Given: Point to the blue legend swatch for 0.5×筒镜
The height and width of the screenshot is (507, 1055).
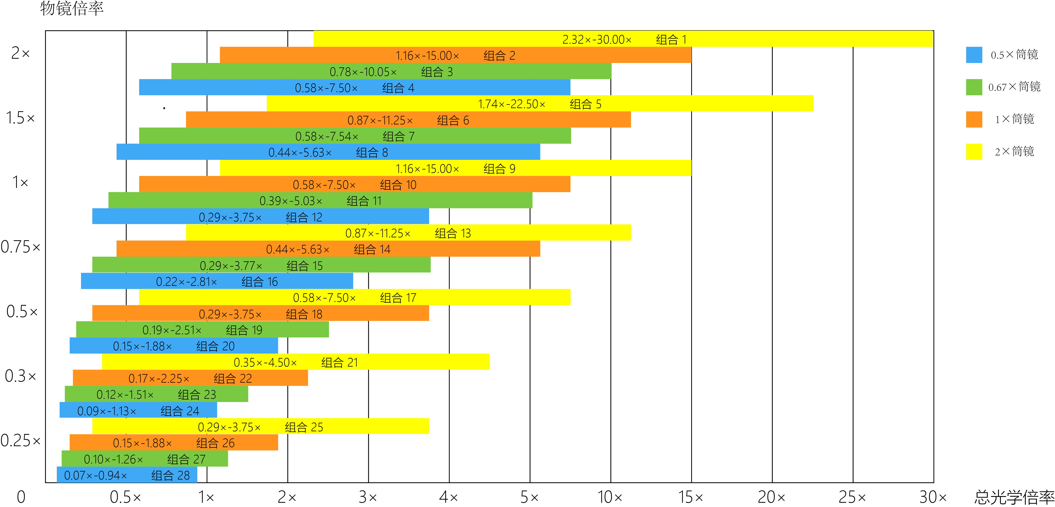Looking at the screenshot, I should pyautogui.click(x=974, y=54).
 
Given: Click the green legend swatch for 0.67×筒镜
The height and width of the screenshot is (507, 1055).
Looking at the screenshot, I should pyautogui.click(x=974, y=87).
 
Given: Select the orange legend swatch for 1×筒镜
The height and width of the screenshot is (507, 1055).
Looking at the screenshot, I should pyautogui.click(x=974, y=119).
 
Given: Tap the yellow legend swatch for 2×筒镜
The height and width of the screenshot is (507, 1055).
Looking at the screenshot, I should pyautogui.click(x=974, y=151).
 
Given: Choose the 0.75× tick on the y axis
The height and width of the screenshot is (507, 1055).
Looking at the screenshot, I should pyautogui.click(x=21, y=247).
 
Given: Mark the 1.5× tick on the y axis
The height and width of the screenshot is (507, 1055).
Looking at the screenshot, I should pyautogui.click(x=21, y=118).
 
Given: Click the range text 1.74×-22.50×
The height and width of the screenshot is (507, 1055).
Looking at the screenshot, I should pyautogui.click(x=512, y=104).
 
